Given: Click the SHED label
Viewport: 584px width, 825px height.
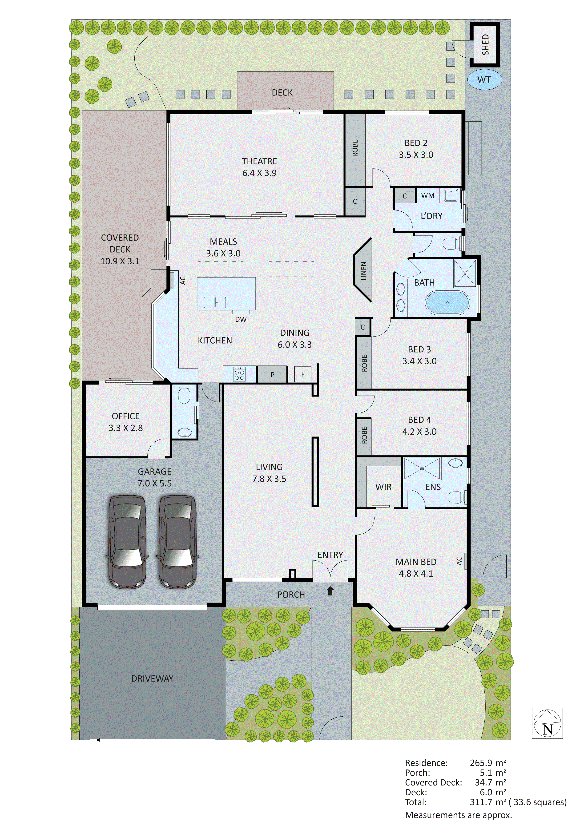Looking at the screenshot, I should (x=485, y=44).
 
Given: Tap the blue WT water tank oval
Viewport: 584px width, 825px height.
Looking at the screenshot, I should (x=484, y=79).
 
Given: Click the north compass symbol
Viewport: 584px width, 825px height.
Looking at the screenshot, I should (x=547, y=723).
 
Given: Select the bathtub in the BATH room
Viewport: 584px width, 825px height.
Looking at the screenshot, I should (x=447, y=302).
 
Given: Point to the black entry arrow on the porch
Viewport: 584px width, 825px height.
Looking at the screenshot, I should (x=330, y=591).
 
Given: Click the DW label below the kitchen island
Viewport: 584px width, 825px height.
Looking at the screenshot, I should (x=241, y=319).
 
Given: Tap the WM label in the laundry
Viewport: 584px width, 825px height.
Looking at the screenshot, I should (x=427, y=195).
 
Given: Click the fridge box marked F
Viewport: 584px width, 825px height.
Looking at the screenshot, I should (x=302, y=374).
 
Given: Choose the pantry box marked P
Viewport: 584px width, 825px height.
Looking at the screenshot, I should (x=272, y=374).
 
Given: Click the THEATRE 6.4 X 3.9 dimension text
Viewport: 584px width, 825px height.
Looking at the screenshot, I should (x=259, y=173).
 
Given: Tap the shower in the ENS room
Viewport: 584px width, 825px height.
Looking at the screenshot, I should (x=422, y=468).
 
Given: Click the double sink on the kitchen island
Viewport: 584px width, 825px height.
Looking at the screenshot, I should (x=215, y=302).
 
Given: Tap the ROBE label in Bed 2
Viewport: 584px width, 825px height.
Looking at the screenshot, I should (x=355, y=148).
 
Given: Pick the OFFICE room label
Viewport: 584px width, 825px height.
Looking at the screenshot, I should (x=125, y=416).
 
